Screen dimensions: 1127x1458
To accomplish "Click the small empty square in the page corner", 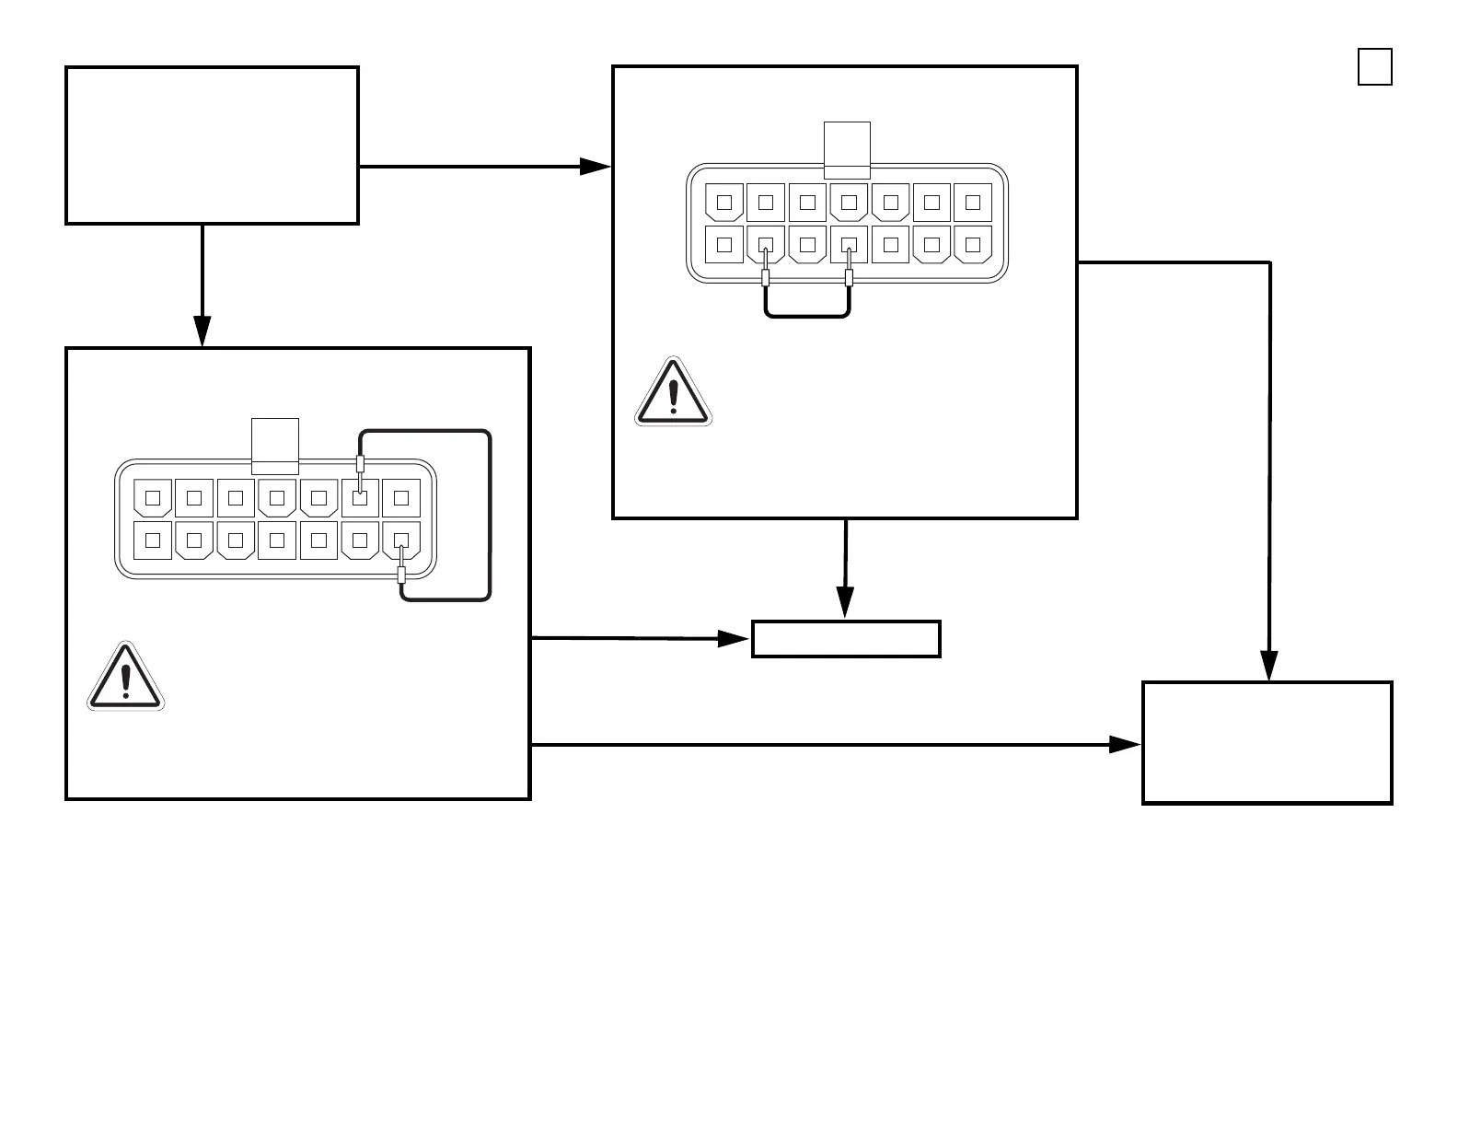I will pyautogui.click(x=1374, y=67).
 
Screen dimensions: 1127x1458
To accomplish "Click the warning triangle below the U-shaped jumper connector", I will pyautogui.click(x=673, y=393).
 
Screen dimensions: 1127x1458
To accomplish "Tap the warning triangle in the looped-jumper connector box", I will pyautogui.click(x=125, y=678).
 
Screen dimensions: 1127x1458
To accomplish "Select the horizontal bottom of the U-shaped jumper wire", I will pyautogui.click(x=806, y=316).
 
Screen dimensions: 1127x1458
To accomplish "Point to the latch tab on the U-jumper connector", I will pyautogui.click(x=847, y=149).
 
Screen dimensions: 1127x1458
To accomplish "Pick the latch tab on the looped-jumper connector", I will pyautogui.click(x=274, y=446).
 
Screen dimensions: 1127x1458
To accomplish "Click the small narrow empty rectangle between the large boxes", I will pyautogui.click(x=846, y=639).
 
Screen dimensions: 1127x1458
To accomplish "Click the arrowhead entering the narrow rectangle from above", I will pyautogui.click(x=845, y=603).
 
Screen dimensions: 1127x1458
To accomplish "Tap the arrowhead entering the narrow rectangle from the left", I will pyautogui.click(x=733, y=638).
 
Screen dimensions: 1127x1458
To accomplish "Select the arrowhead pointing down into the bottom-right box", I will pyautogui.click(x=1268, y=665).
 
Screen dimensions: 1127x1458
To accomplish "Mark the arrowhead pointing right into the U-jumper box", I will pyautogui.click(x=595, y=167).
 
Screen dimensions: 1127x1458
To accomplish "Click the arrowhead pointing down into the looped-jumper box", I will pyautogui.click(x=202, y=331).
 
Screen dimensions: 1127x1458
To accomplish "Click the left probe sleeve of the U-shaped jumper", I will pyautogui.click(x=765, y=278).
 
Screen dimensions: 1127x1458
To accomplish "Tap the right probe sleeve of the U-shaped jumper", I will pyautogui.click(x=849, y=278).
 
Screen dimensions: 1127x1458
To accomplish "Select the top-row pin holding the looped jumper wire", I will pyautogui.click(x=360, y=498).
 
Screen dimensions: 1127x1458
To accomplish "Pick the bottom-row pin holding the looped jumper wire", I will pyautogui.click(x=401, y=540).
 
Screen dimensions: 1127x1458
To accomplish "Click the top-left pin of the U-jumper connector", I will pyautogui.click(x=724, y=202).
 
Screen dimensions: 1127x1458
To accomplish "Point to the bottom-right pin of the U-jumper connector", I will pyautogui.click(x=973, y=245).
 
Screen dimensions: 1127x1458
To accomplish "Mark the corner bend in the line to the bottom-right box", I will pyautogui.click(x=1270, y=263).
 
